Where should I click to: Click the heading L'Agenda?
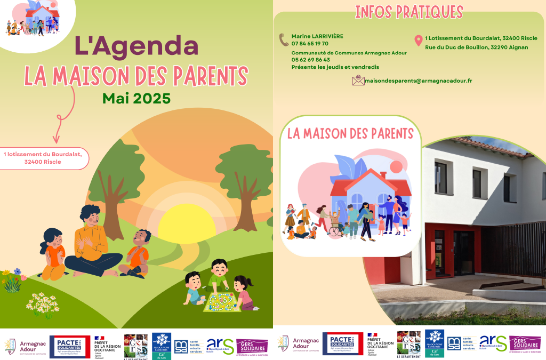click(x=136, y=46)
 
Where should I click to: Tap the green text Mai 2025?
click(x=136, y=98)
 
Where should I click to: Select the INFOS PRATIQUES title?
click(x=409, y=12)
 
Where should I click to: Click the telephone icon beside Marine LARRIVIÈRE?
click(x=284, y=39)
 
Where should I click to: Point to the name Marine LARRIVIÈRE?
click(x=317, y=36)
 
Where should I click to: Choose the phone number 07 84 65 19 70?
click(x=310, y=44)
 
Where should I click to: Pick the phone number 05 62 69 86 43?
click(x=310, y=60)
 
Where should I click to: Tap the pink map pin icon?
click(x=419, y=40)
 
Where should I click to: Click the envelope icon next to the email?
click(x=358, y=81)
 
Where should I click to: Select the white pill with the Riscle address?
click(x=43, y=158)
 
